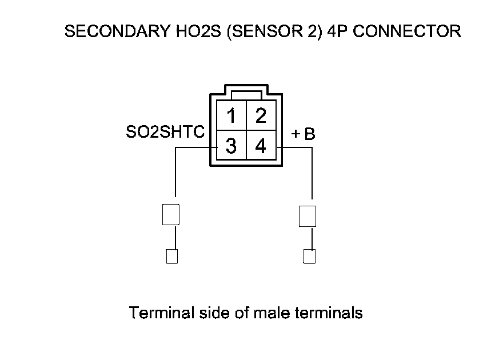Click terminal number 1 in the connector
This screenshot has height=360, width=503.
[x=231, y=116]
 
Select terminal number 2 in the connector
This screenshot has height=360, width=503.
[x=261, y=116]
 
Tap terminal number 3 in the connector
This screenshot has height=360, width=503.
[x=231, y=146]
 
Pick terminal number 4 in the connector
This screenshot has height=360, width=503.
[x=261, y=146]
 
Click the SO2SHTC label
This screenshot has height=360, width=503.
[x=165, y=133]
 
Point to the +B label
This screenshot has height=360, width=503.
[x=303, y=134]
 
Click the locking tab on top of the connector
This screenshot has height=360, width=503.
[x=246, y=94]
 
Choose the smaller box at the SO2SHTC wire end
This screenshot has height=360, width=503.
[x=171, y=257]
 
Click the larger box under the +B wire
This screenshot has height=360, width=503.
[x=308, y=216]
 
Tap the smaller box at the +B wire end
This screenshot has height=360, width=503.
[x=309, y=257]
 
